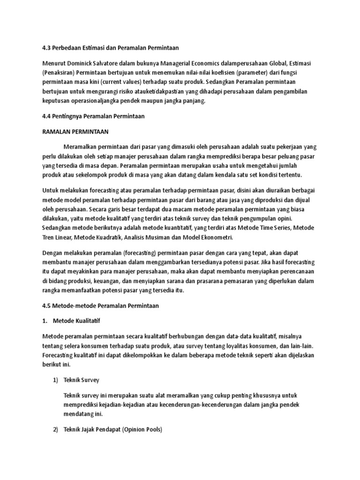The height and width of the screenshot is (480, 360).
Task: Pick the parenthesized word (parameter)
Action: click(x=273, y=73)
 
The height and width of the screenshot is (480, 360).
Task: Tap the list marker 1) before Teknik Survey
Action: click(x=55, y=380)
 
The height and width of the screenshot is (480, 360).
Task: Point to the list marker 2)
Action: click(x=55, y=429)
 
